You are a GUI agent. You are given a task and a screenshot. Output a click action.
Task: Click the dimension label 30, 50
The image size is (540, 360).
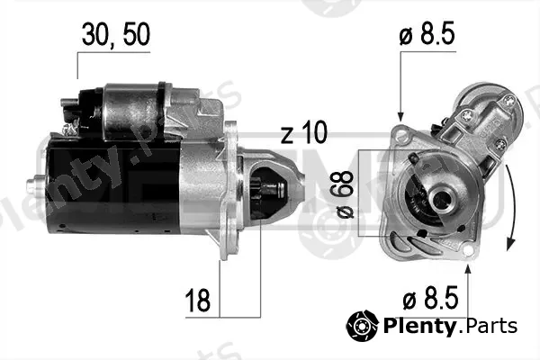pos(116,34)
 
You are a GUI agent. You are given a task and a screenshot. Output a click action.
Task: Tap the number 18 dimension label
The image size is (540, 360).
pos(197,300)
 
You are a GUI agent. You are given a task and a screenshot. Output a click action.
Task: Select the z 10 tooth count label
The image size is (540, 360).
pos(304,132)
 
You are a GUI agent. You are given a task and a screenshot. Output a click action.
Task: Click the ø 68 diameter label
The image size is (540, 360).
pos(345,194)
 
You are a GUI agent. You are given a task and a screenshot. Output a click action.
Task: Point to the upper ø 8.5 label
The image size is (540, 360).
pos(427,33)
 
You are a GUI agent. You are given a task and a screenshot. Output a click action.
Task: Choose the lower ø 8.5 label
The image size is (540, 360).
pos(430,298)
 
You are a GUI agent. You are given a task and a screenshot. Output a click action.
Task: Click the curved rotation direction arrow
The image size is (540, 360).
pos(511,208)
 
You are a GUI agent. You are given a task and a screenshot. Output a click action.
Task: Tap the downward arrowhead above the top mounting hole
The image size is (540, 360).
pos(400,116)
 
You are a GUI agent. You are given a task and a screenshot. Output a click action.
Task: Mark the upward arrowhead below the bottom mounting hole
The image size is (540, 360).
pos(468,269)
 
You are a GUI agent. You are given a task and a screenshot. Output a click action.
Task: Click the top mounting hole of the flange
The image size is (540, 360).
pos(400,135)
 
